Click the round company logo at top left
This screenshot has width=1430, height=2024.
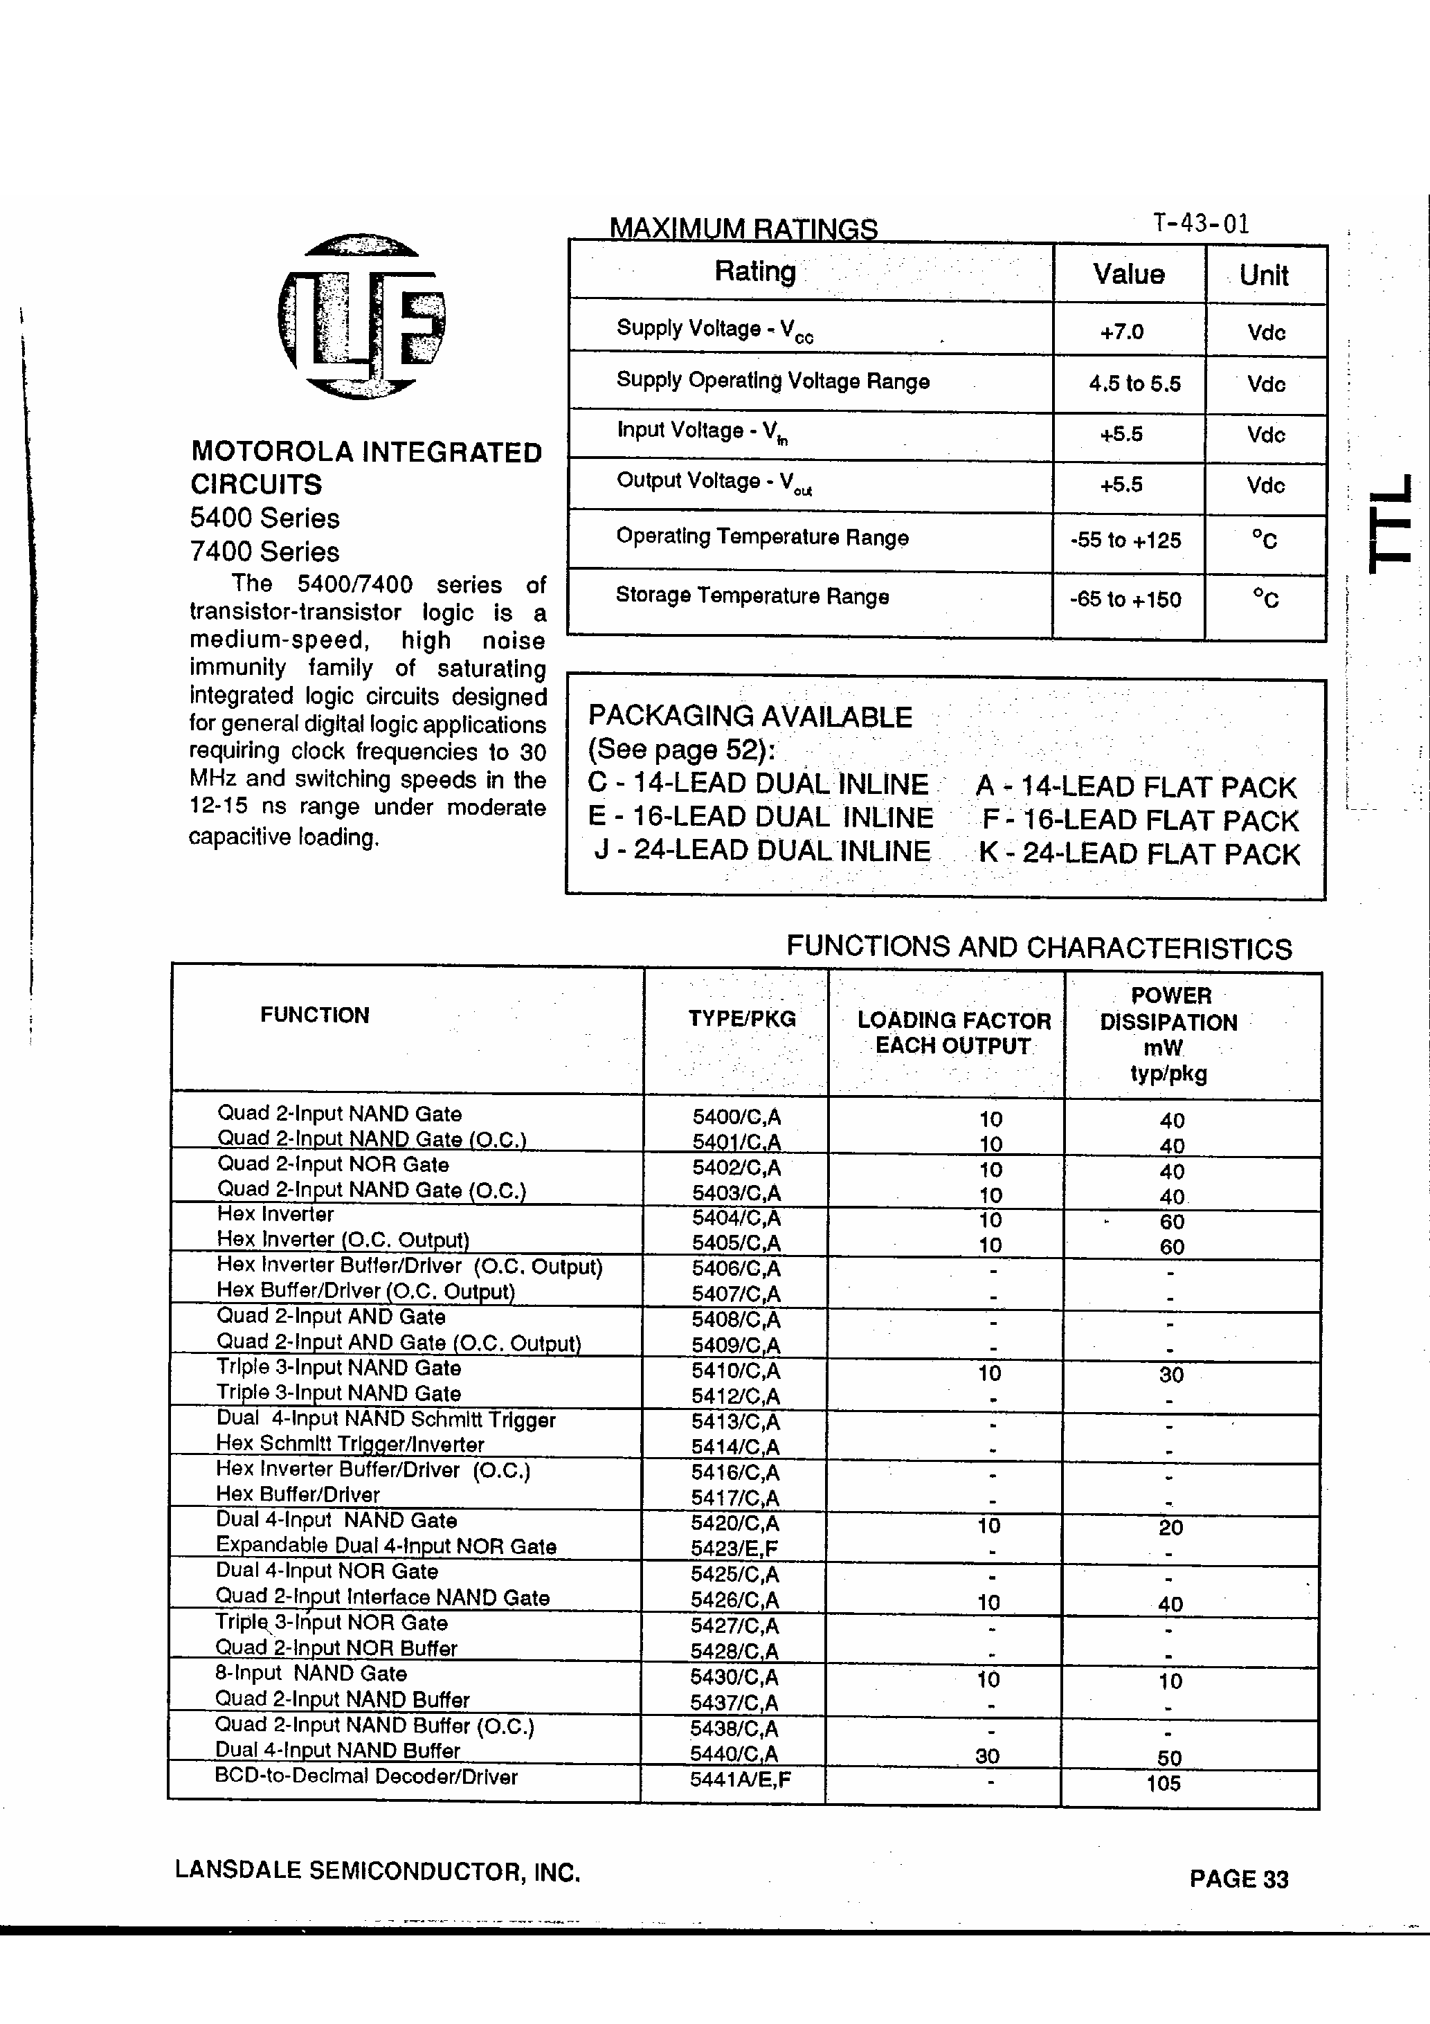(361, 316)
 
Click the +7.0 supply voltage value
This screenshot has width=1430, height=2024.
(1121, 332)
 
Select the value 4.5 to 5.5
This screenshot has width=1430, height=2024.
(1134, 383)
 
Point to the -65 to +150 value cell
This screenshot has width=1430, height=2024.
(1125, 599)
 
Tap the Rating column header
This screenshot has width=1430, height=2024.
(754, 271)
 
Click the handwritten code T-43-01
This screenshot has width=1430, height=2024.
(1201, 223)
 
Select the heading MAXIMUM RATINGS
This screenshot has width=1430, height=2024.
(743, 228)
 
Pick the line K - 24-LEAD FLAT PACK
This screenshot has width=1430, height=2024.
(1139, 853)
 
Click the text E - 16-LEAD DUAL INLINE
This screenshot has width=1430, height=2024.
(760, 817)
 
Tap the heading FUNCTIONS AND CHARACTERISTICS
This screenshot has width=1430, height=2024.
(1038, 948)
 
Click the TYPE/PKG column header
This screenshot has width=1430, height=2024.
(741, 1019)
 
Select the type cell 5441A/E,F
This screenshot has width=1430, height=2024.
(741, 1779)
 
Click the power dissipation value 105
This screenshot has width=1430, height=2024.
(1163, 1783)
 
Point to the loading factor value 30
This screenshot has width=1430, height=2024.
(988, 1756)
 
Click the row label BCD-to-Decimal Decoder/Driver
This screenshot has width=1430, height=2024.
(366, 1776)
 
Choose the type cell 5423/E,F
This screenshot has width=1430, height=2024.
(734, 1548)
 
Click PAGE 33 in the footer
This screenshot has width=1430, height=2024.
(1238, 1879)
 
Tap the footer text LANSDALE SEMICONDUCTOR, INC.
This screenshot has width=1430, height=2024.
(377, 1870)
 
